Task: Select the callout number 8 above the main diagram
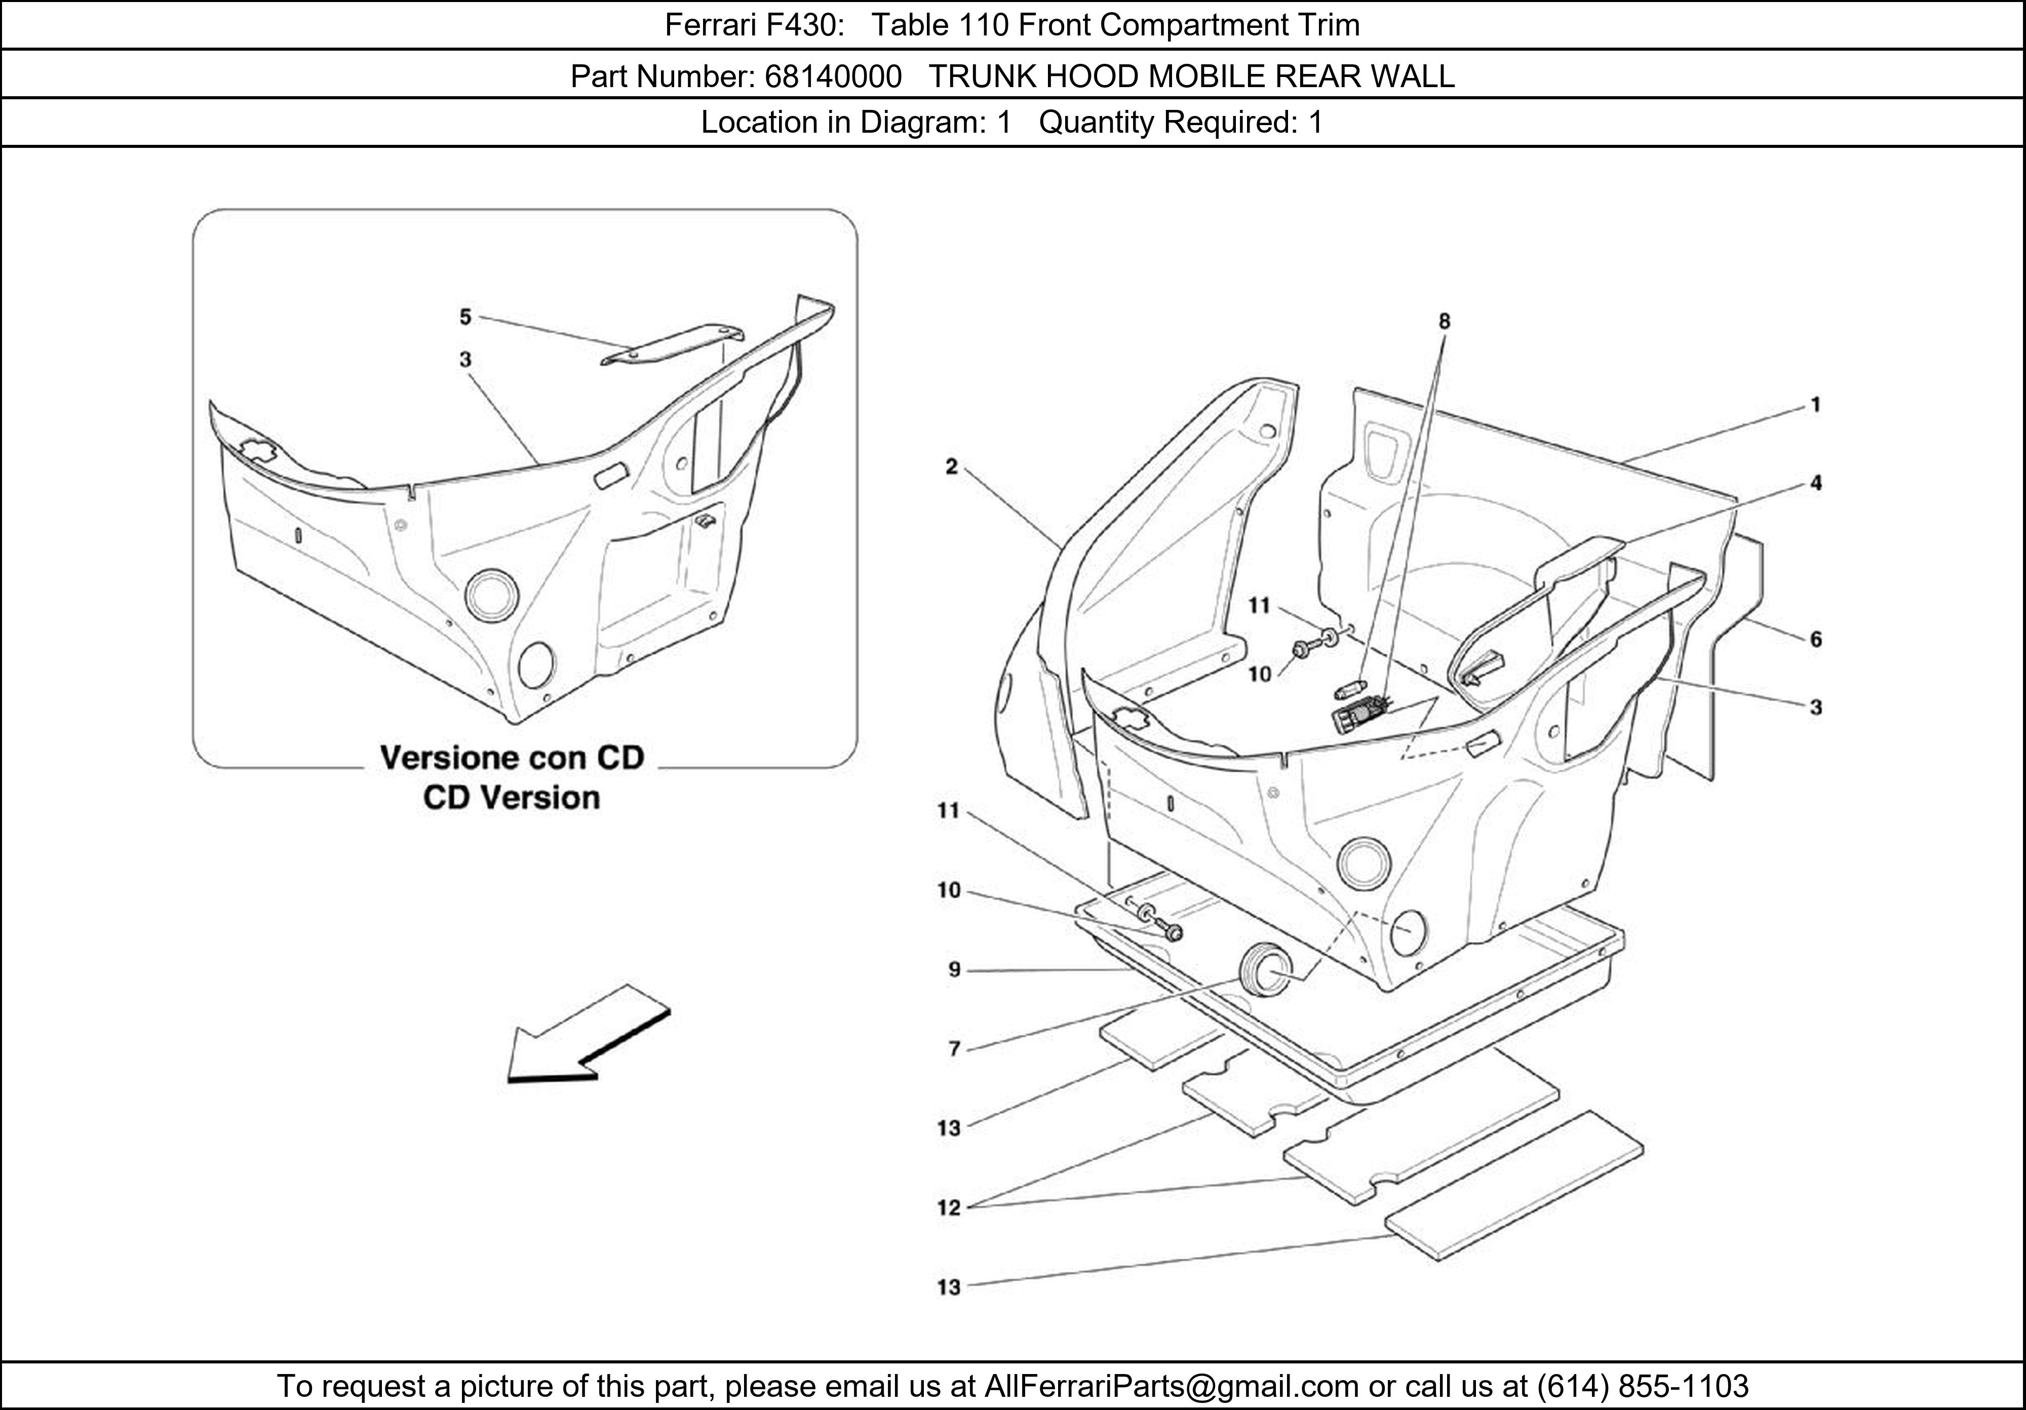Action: coord(1444,321)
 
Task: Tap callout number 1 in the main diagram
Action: coord(1816,405)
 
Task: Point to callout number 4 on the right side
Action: coord(1816,483)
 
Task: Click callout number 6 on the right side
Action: coord(1816,639)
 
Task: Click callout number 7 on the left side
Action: coord(954,1048)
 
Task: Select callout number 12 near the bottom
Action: coord(949,1207)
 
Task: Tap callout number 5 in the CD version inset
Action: coord(465,316)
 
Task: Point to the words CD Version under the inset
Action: coord(511,798)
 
